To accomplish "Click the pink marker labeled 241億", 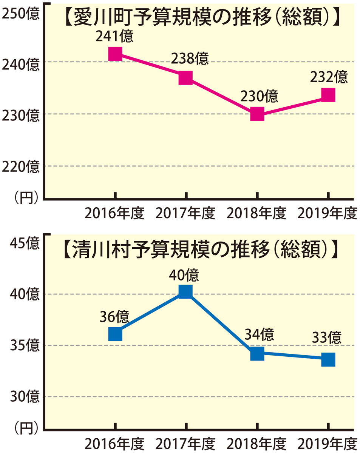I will pyautogui.click(x=115, y=54).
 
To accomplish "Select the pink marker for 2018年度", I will pyautogui.click(x=257, y=113).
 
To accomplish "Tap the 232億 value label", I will pyautogui.click(x=328, y=77).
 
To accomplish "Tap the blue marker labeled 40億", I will pyautogui.click(x=186, y=291).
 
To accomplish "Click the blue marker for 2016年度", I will pyautogui.click(x=115, y=334).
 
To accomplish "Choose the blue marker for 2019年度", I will pyautogui.click(x=328, y=359).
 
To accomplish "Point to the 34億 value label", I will pyautogui.click(x=259, y=334).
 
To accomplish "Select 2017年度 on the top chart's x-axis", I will pyautogui.click(x=185, y=213).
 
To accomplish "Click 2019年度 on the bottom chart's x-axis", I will pyautogui.click(x=327, y=444).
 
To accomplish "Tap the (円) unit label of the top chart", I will pyautogui.click(x=26, y=196).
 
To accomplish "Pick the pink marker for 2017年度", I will pyautogui.click(x=186, y=77).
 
